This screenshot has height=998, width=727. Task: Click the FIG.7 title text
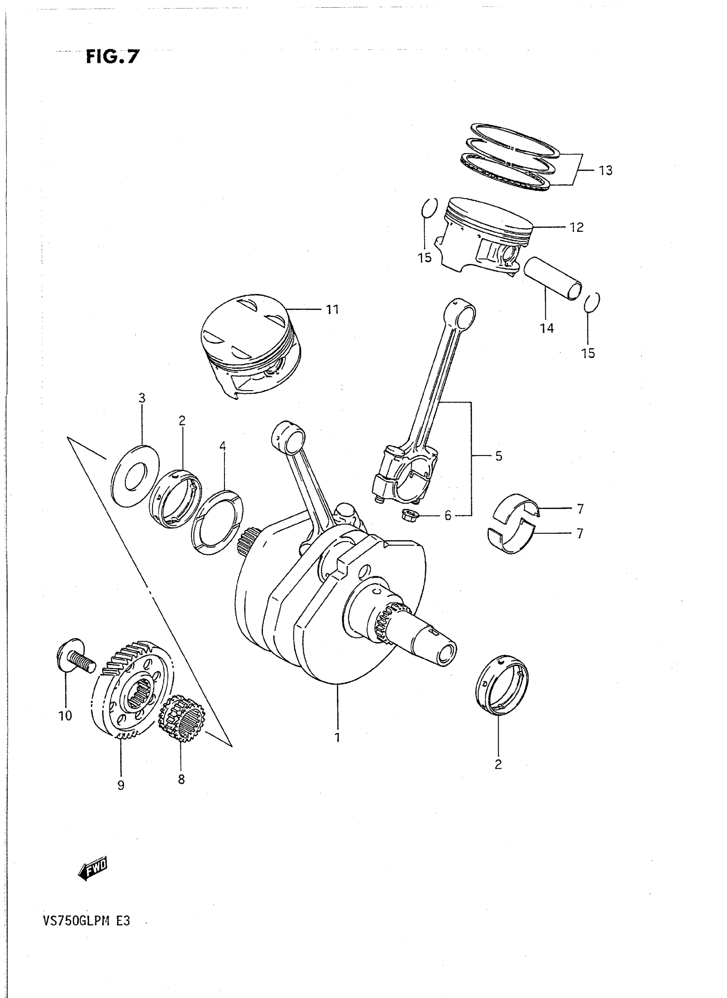[x=112, y=57]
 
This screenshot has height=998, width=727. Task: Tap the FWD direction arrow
[x=93, y=868]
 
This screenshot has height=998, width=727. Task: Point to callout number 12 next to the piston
[x=576, y=227]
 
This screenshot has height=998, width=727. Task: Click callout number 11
[x=332, y=309]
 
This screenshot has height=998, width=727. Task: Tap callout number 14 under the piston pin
[x=547, y=328]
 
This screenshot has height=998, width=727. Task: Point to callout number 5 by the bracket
[x=498, y=456]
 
